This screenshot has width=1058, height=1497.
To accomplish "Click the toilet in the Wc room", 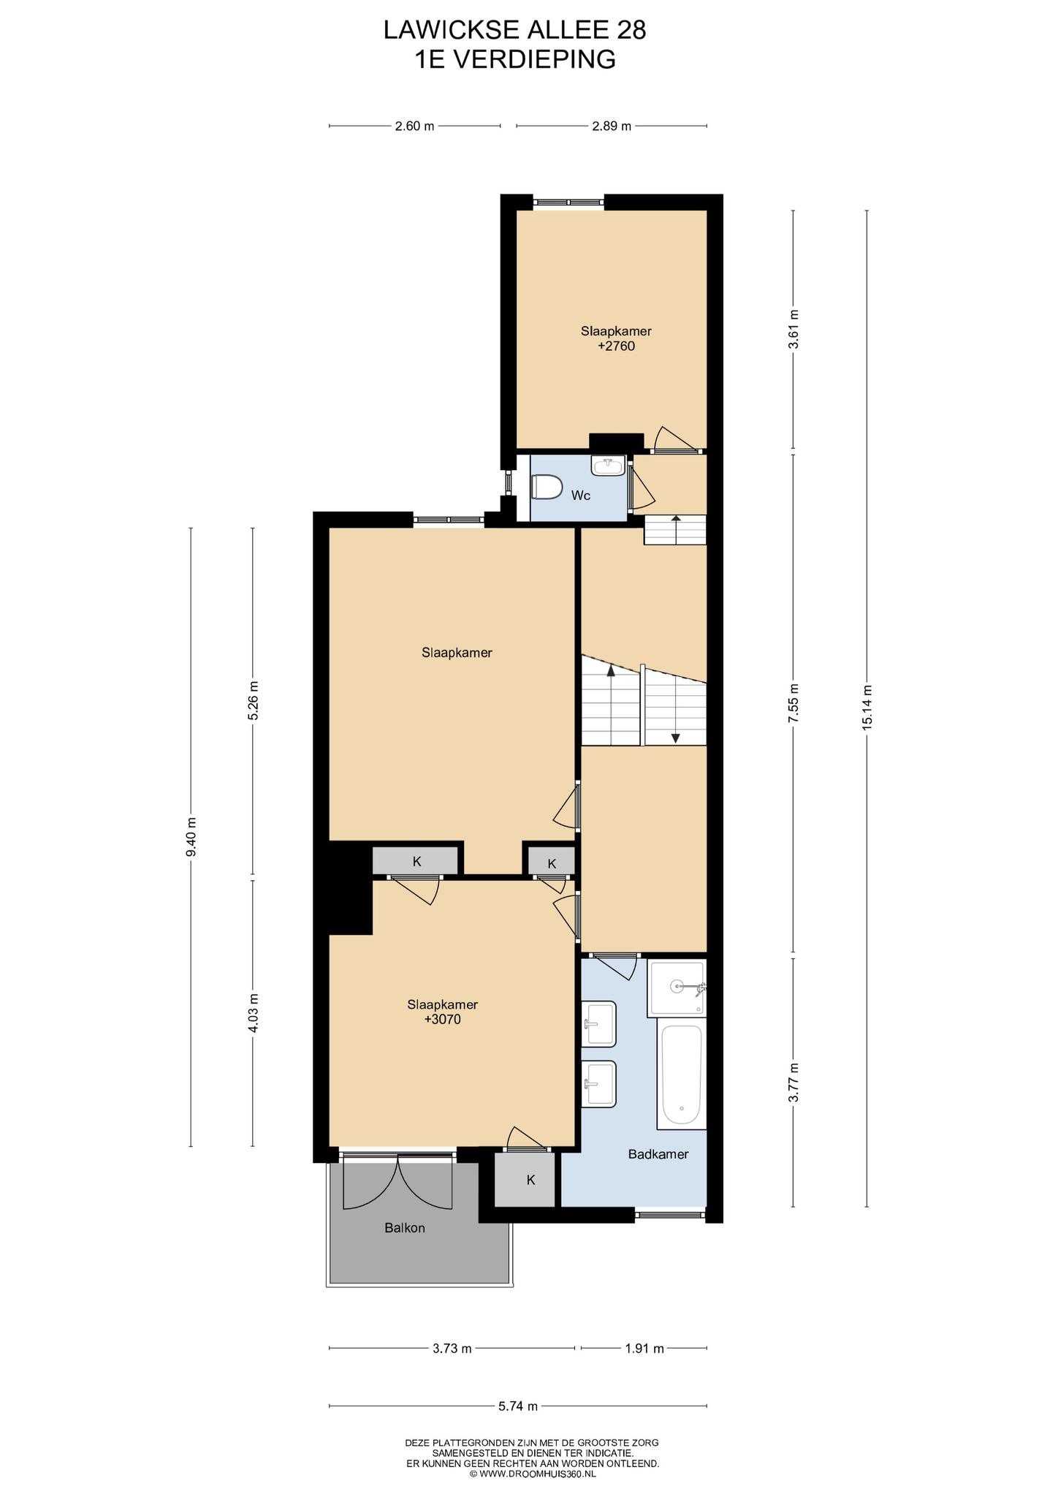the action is [546, 487].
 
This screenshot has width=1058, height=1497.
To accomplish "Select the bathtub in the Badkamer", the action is [682, 1075].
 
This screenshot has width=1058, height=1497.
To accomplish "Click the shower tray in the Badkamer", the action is [677, 988].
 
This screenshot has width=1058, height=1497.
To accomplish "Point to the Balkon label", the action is [405, 1228].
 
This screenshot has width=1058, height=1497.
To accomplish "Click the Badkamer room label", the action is [658, 1154].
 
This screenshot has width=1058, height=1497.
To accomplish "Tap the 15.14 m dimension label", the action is [867, 707].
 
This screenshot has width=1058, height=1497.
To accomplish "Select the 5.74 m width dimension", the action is [518, 1406].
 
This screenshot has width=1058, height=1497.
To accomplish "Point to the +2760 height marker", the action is [616, 346].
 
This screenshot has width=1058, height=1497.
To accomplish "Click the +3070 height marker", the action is [442, 1019].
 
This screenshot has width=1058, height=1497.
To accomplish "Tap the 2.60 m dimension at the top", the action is [414, 126].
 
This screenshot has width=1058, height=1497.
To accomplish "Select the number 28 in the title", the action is [631, 29].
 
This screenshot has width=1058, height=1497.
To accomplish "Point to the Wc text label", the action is [581, 496].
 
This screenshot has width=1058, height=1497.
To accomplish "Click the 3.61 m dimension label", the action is [793, 330].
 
